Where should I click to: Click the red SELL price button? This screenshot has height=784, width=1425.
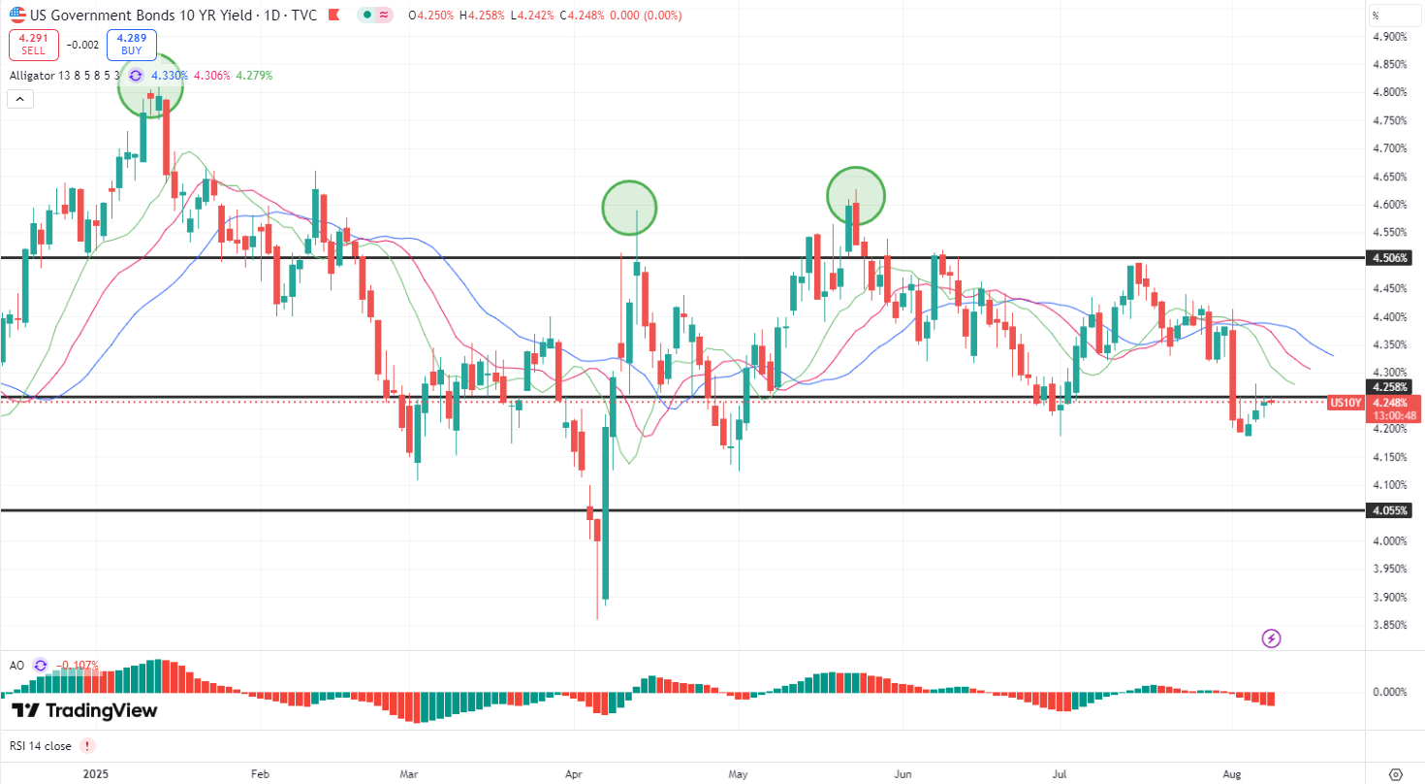tap(33, 45)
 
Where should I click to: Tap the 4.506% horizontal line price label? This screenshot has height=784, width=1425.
tap(1389, 258)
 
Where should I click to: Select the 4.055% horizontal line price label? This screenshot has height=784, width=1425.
tap(1389, 509)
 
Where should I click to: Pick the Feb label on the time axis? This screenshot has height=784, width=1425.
tap(259, 774)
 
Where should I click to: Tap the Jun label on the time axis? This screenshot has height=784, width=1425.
tap(903, 774)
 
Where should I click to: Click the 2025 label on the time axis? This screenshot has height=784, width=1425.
tap(95, 774)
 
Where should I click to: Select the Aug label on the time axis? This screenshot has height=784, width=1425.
tap(1232, 774)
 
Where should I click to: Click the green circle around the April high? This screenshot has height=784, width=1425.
tap(629, 207)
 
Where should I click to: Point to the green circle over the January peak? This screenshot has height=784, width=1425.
tap(150, 85)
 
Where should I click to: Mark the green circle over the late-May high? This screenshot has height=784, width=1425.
tap(856, 194)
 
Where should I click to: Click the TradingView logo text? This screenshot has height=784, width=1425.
tap(85, 710)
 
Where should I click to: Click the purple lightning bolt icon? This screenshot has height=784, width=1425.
tap(1272, 638)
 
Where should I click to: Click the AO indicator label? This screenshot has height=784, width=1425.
tap(16, 665)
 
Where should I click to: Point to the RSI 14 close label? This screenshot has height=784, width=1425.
tap(41, 745)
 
